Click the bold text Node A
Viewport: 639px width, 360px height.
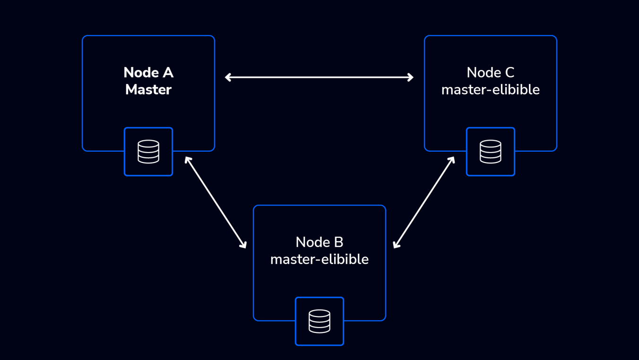pos(148,72)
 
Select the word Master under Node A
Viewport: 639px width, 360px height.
pos(148,90)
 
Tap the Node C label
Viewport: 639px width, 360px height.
pos(491,72)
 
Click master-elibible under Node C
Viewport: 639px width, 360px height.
pos(491,90)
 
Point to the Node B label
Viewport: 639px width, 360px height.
pos(319,242)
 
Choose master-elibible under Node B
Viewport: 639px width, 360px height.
pos(319,259)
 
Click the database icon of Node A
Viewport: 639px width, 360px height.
pos(148,152)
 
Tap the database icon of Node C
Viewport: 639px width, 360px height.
pos(491,152)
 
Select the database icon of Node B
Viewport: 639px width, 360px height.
pos(319,321)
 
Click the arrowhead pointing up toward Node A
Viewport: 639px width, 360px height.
pos(187,159)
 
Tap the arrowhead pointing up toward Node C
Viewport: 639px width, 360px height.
pos(452,159)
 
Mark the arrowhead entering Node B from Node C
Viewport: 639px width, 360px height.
pos(396,245)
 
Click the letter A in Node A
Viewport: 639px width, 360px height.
pos(168,72)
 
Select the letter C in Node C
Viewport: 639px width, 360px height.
pos(510,72)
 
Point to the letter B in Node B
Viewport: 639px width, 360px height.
pos(338,242)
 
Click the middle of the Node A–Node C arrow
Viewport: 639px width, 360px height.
pos(319,77)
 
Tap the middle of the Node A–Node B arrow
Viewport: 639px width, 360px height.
pos(216,203)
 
